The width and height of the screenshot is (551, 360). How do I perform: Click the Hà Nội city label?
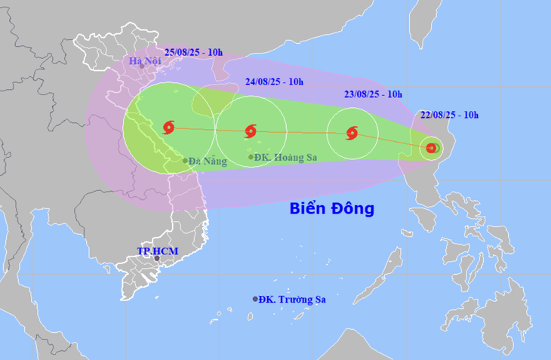141,60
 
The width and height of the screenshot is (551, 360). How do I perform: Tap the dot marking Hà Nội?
141,67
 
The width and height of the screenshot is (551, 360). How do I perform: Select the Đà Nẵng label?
208,161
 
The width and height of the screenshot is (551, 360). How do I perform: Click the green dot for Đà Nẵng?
186,161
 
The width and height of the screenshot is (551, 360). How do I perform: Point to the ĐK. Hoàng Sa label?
287,158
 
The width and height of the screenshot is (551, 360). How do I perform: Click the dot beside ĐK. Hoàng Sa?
251,158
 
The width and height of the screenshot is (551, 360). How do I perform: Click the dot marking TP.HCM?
157,259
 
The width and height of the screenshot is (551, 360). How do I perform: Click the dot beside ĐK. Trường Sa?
254,300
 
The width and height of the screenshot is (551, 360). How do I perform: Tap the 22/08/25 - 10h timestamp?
451,115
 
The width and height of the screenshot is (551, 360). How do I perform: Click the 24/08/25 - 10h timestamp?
274,82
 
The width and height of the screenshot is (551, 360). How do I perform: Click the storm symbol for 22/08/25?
431,148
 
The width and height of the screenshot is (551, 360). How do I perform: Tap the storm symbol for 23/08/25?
351,134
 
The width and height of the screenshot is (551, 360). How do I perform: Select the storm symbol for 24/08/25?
251,132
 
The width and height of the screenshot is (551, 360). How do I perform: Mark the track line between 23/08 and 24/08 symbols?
302,134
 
